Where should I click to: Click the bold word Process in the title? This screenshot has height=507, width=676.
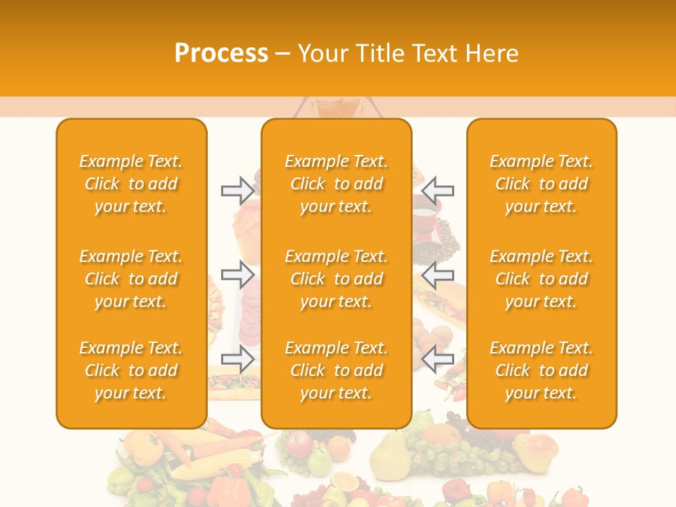pos(221,54)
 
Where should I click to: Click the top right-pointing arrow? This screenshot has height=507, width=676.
pos(237,190)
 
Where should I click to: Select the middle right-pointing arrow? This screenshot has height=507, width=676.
pos(237,274)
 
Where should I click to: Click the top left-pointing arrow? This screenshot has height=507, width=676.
pos(437,190)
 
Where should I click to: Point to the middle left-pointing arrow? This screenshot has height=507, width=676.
pos(437,274)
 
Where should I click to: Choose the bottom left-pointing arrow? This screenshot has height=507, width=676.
pos(437,358)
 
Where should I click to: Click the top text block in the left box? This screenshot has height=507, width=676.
pos(131,184)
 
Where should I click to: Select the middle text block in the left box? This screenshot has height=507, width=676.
pos(131,279)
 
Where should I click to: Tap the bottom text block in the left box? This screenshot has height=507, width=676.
pos(131,370)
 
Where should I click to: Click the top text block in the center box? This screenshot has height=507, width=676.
pos(336,184)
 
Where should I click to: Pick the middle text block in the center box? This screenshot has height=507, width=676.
pos(336,279)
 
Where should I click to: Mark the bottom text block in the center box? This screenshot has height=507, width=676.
pos(336,370)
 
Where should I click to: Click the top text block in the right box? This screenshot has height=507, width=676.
pos(541,184)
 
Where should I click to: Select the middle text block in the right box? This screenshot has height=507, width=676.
pos(541,279)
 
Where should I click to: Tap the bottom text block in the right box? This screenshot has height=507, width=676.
pos(541,370)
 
